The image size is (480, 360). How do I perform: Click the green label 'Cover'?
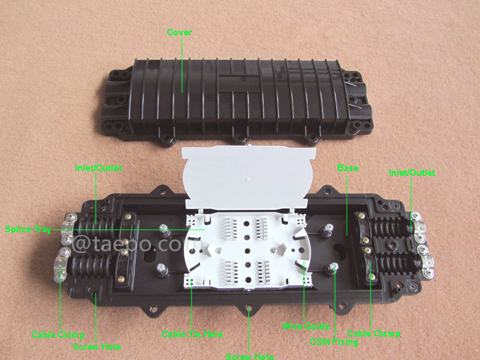click(179, 32)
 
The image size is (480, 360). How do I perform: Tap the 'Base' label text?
click(348, 168)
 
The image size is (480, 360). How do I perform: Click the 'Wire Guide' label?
click(306, 326)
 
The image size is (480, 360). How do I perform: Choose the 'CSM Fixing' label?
click(334, 342)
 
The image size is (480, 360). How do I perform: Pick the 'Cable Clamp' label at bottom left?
click(58, 335)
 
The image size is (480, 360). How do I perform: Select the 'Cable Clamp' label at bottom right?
click(374, 334)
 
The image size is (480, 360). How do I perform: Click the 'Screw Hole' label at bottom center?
click(250, 356)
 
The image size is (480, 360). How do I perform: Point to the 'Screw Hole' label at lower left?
click(97, 347)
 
